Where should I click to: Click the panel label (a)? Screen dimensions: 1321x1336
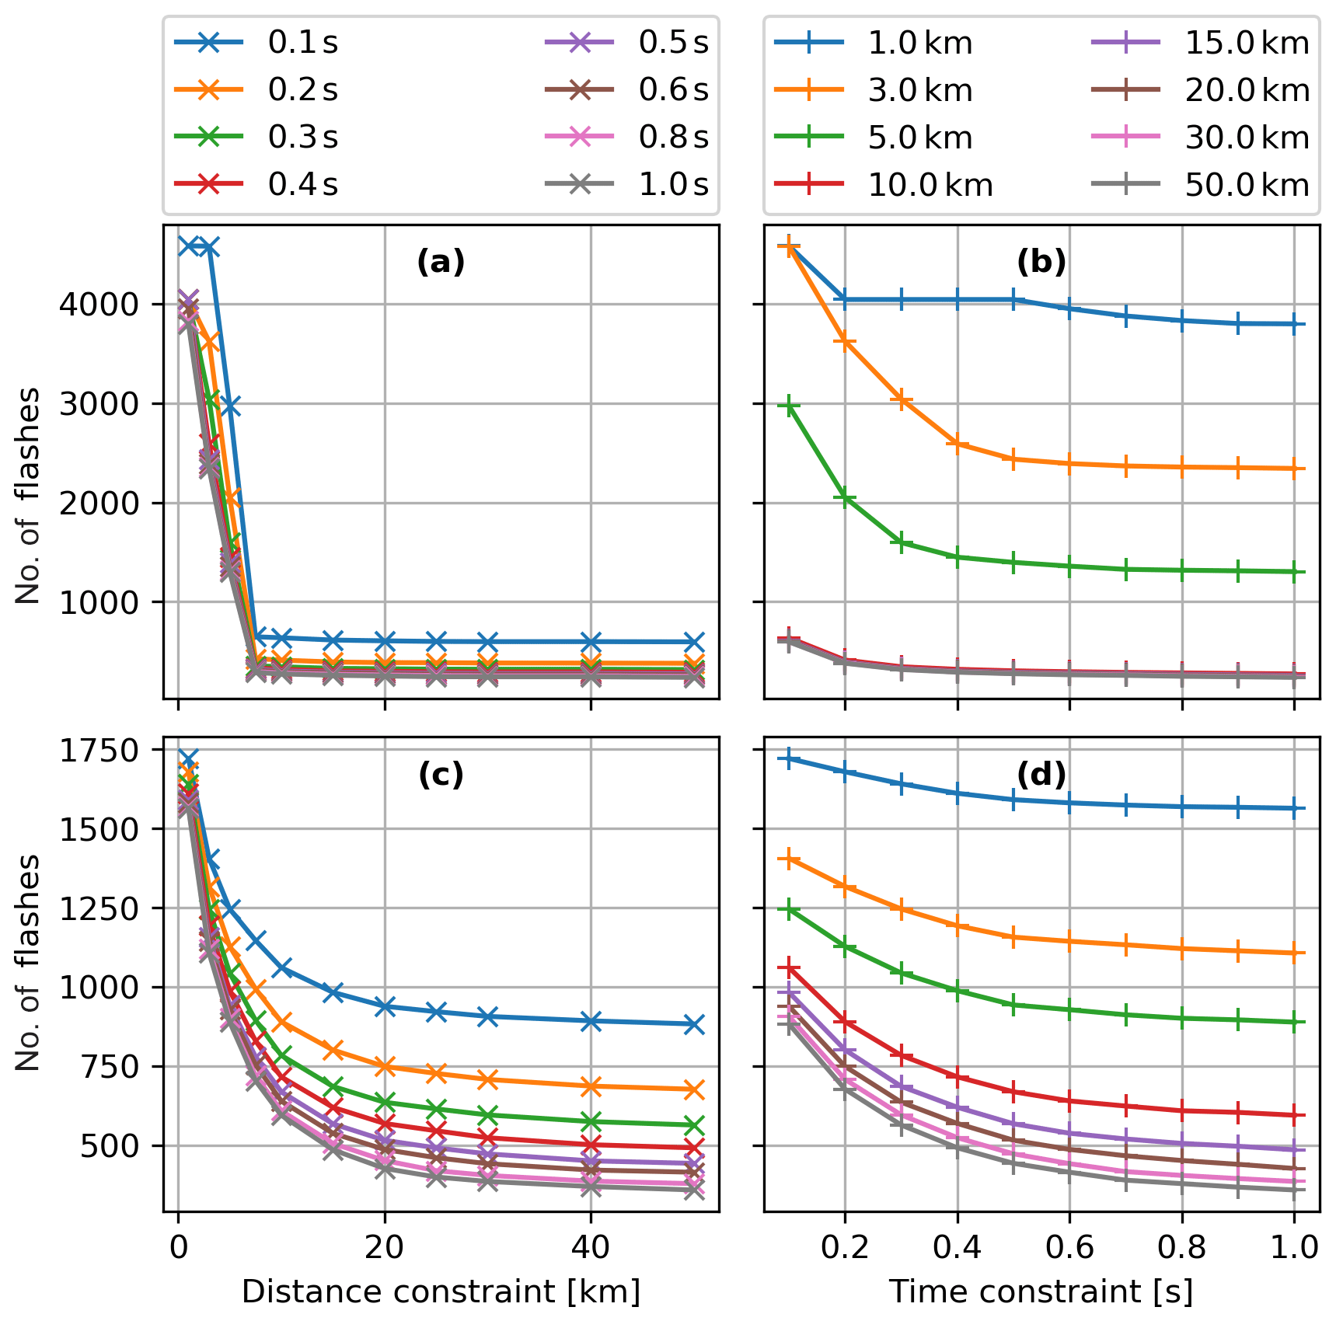click(441, 263)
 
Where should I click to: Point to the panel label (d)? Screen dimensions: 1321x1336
click(1041, 774)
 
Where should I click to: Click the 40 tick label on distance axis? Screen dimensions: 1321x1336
click(591, 1247)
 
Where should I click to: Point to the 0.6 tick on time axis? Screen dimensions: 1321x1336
click(1069, 1247)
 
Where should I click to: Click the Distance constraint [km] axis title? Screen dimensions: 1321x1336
click(441, 1292)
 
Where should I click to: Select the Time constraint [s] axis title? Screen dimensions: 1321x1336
click(1041, 1292)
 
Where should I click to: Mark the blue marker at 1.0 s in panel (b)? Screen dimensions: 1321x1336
click(1294, 324)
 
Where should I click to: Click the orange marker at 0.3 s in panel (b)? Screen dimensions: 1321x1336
click(901, 400)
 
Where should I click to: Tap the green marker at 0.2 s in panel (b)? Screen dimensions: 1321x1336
click(845, 498)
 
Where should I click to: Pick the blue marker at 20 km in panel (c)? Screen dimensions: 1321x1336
click(385, 1006)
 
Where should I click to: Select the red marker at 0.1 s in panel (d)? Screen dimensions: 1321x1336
click(789, 968)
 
